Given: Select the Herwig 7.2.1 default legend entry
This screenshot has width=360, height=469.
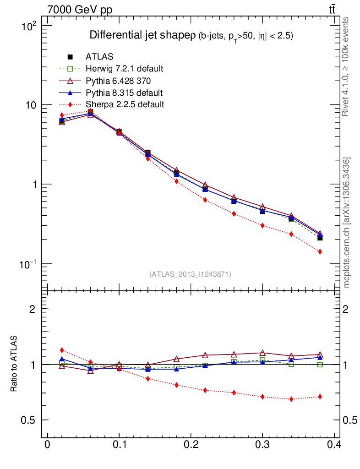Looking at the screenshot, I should pos(124,69).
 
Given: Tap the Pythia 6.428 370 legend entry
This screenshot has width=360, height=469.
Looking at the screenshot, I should pos(119,81).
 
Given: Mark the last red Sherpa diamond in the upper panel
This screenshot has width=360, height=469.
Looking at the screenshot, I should pos(320,251).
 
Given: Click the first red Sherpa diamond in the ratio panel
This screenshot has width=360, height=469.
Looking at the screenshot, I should pos(62,350).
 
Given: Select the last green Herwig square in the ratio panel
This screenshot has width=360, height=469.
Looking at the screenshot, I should pos(320,365).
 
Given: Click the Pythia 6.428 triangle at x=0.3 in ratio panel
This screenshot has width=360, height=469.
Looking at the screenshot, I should pos(262,353).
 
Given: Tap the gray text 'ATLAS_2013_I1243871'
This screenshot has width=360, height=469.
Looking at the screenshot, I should pos(190,274).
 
